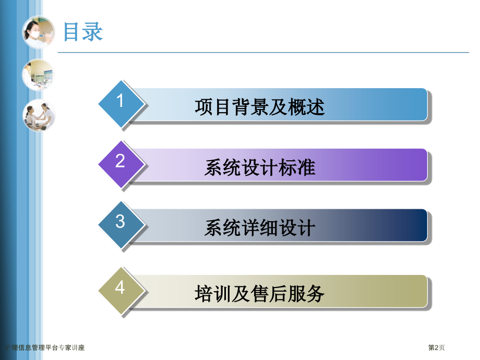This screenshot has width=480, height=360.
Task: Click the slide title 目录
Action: click(x=83, y=32)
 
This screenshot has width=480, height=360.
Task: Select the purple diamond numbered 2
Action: click(x=121, y=163)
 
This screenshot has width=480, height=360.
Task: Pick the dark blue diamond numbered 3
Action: click(x=121, y=224)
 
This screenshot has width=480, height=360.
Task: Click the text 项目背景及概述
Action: click(x=259, y=107)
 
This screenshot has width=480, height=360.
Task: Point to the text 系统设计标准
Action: click(x=259, y=167)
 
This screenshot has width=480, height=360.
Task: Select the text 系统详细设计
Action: click(x=259, y=228)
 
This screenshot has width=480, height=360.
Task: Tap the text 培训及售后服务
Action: click(x=259, y=294)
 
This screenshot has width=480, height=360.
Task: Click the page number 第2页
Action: click(x=437, y=347)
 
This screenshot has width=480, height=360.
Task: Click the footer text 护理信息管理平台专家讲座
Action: click(x=44, y=347)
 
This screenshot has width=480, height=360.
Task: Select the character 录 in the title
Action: click(x=93, y=32)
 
